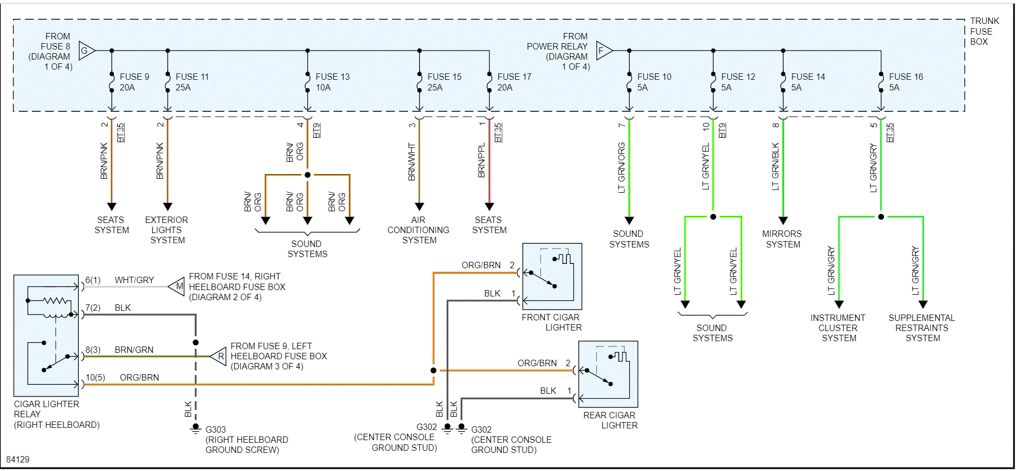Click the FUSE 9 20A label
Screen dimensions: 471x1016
point(134,82)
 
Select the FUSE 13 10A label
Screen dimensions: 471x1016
point(332,82)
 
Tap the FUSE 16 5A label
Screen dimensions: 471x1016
point(905,82)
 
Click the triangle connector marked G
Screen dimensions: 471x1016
point(86,51)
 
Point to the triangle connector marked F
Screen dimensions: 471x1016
point(603,51)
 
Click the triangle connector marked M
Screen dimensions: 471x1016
point(177,286)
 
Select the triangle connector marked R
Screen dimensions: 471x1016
point(219,356)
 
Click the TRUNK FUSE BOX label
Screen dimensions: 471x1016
point(984,31)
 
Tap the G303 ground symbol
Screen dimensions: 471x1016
point(195,428)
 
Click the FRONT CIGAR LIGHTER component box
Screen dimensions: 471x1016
point(552,276)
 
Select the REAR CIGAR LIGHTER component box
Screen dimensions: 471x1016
point(608,374)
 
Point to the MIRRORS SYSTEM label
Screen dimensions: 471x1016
point(782,239)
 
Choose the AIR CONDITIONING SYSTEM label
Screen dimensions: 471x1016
point(419,230)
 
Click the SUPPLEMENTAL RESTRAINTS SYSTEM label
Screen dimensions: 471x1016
point(922,328)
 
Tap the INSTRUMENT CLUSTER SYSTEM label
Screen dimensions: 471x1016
point(838,328)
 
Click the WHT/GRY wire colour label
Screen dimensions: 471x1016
point(134,280)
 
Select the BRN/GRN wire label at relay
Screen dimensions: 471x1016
point(134,350)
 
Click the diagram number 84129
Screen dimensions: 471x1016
point(18,459)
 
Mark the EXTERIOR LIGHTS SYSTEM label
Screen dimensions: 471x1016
point(167,230)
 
